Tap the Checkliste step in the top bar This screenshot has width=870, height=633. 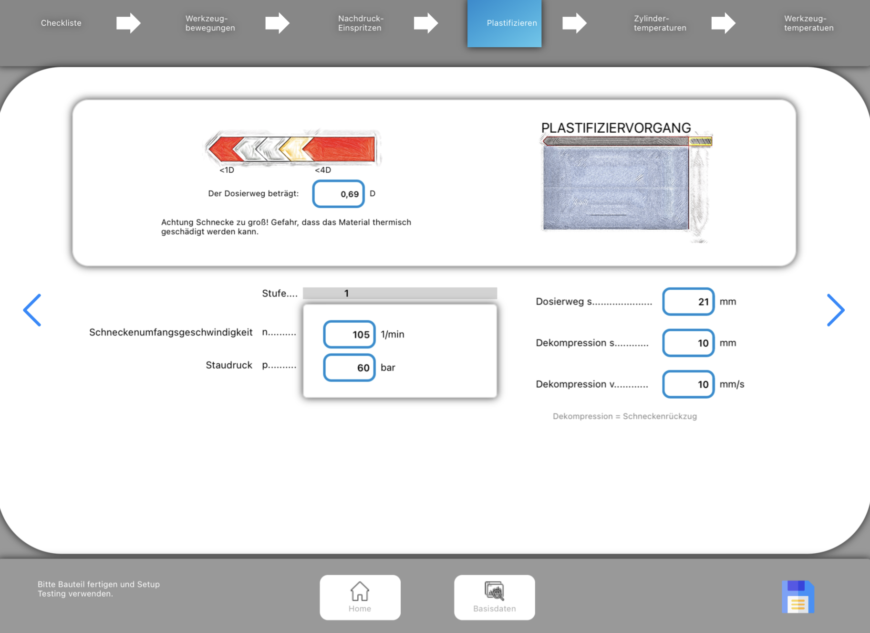[61, 23]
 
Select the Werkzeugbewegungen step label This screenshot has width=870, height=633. [210, 23]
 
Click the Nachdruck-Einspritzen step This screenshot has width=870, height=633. [361, 23]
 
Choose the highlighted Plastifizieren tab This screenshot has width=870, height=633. [504, 23]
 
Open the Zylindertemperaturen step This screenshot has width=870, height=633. [660, 23]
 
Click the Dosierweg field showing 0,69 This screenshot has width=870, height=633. [339, 194]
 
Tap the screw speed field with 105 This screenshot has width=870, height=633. [349, 334]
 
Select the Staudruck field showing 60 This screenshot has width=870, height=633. [349, 368]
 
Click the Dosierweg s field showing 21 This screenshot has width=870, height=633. [688, 302]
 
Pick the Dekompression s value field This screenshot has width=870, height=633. [688, 343]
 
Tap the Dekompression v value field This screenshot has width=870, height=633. [688, 384]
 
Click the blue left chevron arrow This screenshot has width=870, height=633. [32, 310]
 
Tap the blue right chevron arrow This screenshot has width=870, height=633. [836, 310]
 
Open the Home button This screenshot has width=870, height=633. [360, 597]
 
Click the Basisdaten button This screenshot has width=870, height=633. [495, 597]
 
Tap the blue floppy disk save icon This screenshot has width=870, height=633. [798, 597]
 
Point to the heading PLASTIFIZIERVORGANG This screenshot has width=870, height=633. [616, 128]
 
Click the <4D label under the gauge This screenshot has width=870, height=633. [323, 170]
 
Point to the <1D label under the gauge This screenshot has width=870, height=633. [227, 170]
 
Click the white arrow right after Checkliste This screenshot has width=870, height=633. [128, 23]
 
